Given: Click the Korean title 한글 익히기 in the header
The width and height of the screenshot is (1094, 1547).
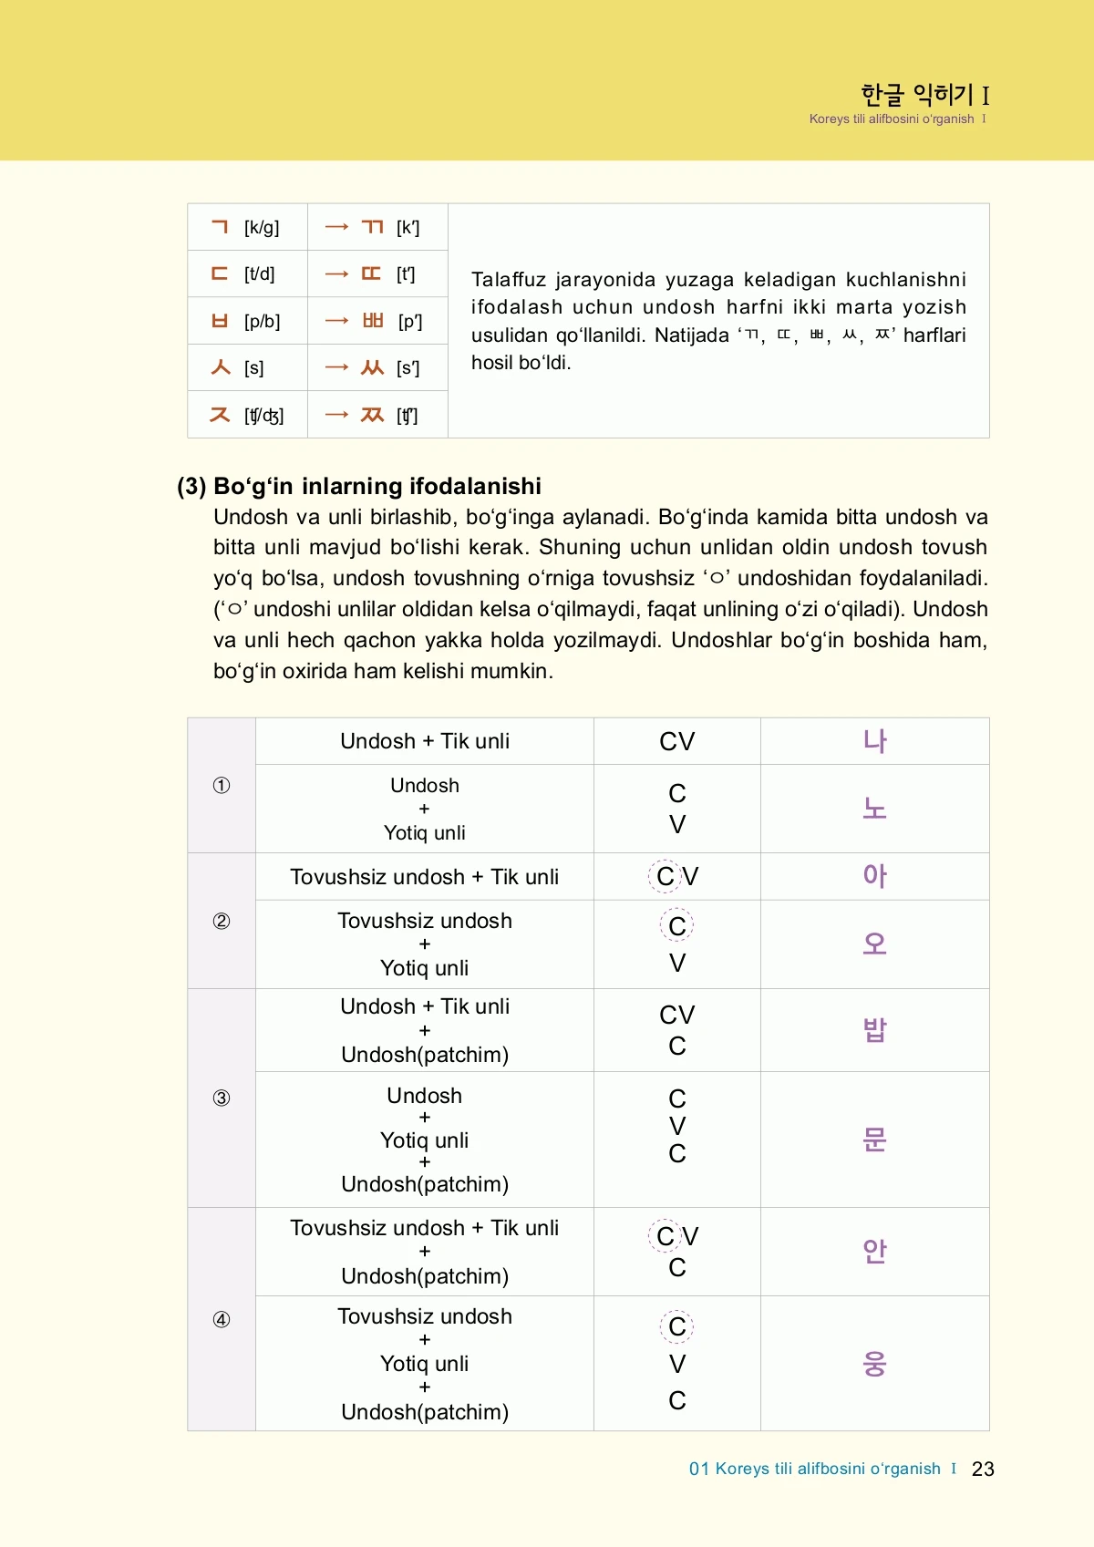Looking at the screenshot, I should pyautogui.click(x=917, y=94).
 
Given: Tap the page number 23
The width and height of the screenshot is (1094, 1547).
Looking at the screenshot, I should pyautogui.click(x=983, y=1469).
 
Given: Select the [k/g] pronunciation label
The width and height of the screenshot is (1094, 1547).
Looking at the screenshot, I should pyautogui.click(x=262, y=227).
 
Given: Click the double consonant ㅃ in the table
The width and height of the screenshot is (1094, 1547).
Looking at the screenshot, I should pyautogui.click(x=373, y=320).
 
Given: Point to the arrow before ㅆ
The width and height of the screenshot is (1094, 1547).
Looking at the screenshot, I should pyautogui.click(x=336, y=367).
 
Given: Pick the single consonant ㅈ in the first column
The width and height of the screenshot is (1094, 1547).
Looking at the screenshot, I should pyautogui.click(x=220, y=415).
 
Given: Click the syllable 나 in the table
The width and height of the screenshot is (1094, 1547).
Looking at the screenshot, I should pyautogui.click(x=874, y=740).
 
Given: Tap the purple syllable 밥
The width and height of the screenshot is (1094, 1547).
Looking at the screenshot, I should pyautogui.click(x=874, y=1029).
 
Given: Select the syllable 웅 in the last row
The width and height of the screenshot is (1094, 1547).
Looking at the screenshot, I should pyautogui.click(x=874, y=1363).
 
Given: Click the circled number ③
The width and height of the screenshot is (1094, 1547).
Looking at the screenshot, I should pyautogui.click(x=221, y=1098).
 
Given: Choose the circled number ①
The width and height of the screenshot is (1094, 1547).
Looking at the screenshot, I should pyautogui.click(x=221, y=785).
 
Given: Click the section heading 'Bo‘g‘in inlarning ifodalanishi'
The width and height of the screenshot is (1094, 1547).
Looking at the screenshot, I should pyautogui.click(x=377, y=486).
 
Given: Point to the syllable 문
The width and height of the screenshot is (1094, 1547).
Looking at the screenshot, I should pyautogui.click(x=874, y=1139).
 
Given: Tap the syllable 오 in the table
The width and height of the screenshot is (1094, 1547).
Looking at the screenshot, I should pyautogui.click(x=874, y=944).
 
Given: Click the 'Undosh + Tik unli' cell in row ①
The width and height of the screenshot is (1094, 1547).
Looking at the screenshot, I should pyautogui.click(x=425, y=741).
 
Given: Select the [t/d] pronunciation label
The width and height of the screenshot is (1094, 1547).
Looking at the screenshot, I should pyautogui.click(x=259, y=273).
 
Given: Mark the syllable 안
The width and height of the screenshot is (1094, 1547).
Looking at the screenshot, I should pyautogui.click(x=874, y=1251).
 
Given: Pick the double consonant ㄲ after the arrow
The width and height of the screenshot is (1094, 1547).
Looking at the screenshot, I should pyautogui.click(x=372, y=227).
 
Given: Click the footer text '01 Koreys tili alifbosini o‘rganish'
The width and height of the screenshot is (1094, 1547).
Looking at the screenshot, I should pyautogui.click(x=814, y=1469).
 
